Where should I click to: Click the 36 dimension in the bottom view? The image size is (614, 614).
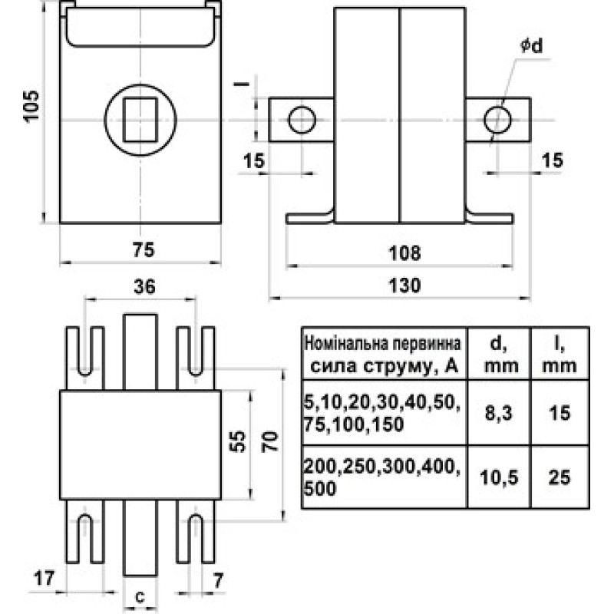[144, 286]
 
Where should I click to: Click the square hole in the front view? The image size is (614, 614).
[140, 120]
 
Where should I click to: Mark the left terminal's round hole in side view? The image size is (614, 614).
[301, 120]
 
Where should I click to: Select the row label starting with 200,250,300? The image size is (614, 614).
[382, 477]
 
